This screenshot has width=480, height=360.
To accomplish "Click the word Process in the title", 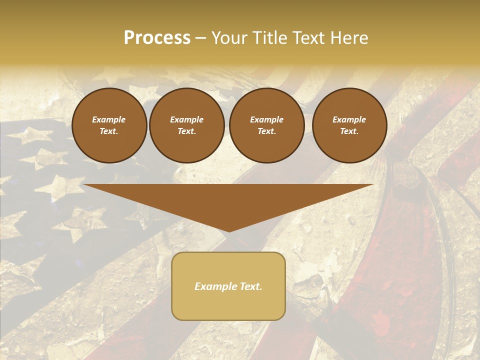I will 157,37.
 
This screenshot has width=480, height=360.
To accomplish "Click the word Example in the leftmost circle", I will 109,120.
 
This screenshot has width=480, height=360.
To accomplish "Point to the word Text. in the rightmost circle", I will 349,131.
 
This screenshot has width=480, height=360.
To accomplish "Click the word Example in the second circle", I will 187,120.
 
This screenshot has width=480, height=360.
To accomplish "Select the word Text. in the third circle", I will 267,131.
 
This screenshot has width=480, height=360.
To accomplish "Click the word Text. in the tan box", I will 251,286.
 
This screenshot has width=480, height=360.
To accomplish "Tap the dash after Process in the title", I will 201,38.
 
